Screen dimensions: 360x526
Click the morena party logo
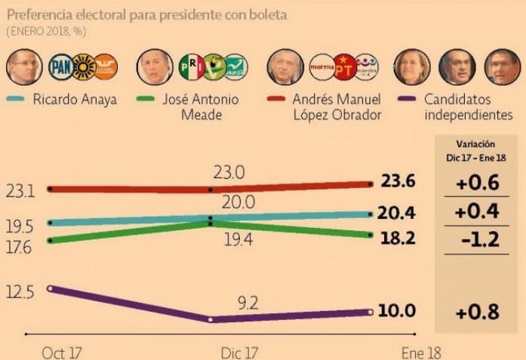pos(322,67)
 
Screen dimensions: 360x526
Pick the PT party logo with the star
pos(345,67)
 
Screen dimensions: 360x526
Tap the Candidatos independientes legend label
pos(468,106)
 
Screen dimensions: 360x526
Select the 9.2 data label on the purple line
pos(248,303)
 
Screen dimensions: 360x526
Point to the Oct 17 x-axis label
pos(57,352)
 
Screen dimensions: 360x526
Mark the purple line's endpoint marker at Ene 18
pos(371,312)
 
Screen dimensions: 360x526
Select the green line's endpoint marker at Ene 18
pos(371,235)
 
